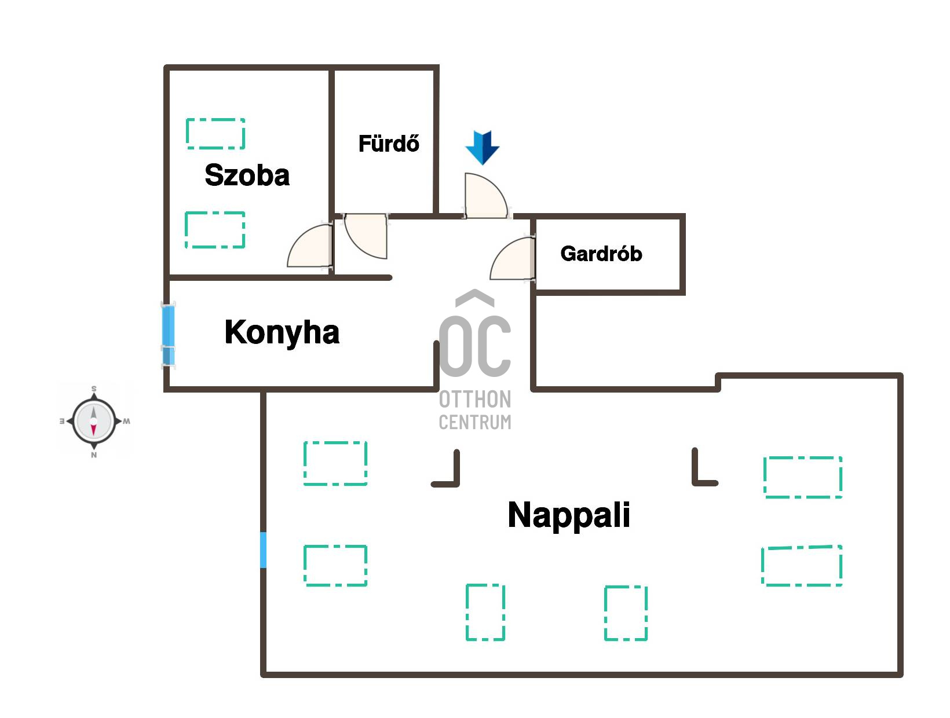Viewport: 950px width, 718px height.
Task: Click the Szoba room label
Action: (x=247, y=175)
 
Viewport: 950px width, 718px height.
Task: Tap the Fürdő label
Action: (x=389, y=143)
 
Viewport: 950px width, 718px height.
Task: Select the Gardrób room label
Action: (x=601, y=254)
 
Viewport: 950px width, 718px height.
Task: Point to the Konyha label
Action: (x=282, y=332)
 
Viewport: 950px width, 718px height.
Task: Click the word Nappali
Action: (x=569, y=515)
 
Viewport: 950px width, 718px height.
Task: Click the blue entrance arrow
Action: (x=482, y=148)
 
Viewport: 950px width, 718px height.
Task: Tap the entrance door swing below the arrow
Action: (x=485, y=196)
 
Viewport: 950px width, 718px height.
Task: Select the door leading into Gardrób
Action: (x=513, y=259)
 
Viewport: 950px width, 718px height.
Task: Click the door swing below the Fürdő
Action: (x=366, y=236)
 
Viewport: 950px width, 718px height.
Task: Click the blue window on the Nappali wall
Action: (x=263, y=550)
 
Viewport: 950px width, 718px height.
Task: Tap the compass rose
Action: (x=94, y=421)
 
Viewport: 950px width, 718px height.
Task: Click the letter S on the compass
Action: (x=94, y=389)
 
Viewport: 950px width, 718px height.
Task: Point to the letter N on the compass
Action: (x=94, y=455)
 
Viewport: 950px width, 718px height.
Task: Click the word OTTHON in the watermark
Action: (x=475, y=399)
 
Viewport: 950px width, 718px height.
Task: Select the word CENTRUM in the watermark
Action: (x=475, y=422)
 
